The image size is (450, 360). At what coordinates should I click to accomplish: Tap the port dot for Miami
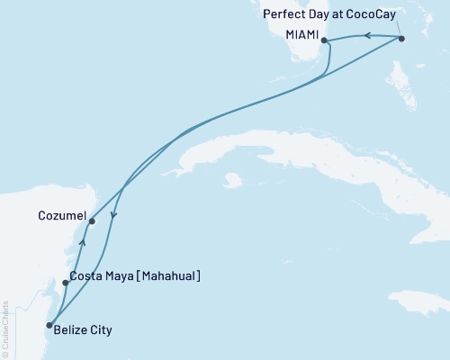(324, 40)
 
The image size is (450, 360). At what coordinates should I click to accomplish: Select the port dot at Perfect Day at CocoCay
(401, 39)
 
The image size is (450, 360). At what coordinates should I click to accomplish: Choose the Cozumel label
(63, 217)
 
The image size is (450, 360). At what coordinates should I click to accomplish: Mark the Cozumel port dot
(92, 220)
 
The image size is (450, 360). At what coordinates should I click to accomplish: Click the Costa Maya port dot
(65, 283)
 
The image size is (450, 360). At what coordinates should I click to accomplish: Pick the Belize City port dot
(49, 325)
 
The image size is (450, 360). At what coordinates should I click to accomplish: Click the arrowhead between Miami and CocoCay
(367, 36)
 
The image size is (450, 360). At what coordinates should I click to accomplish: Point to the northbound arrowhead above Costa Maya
(82, 241)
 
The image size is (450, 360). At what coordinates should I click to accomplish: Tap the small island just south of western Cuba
(233, 180)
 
